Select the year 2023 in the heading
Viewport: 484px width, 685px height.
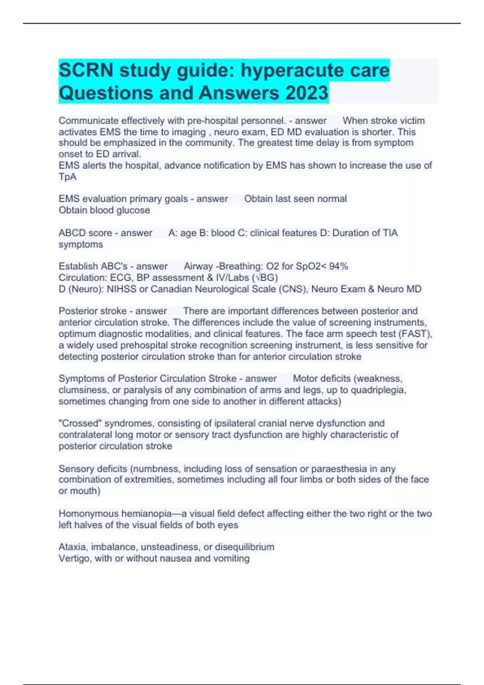point(307,93)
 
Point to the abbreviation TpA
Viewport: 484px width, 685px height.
point(67,177)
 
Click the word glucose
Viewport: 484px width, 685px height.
point(133,210)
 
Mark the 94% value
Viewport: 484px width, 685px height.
point(338,266)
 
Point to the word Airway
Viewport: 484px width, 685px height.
point(198,266)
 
